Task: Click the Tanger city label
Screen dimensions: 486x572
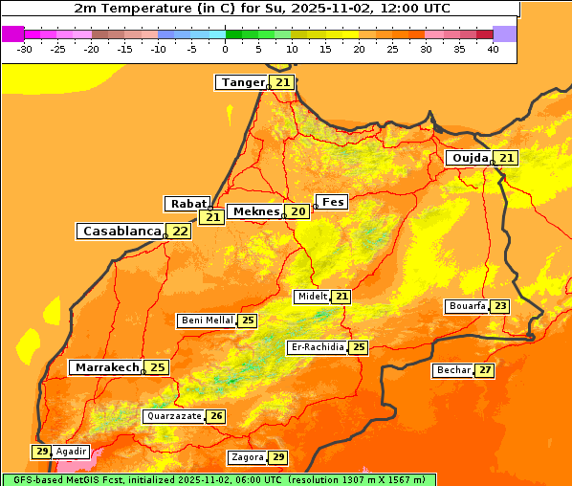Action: [243, 82]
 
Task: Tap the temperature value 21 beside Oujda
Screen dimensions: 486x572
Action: [506, 158]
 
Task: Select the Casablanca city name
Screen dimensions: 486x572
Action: [121, 232]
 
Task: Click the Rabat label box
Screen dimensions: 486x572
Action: [188, 204]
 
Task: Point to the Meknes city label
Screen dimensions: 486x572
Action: [254, 211]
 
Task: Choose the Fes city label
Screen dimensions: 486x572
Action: [333, 202]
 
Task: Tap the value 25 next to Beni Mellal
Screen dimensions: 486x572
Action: [248, 320]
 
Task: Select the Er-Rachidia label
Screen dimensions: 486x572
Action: [318, 347]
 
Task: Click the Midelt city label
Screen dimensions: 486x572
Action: [312, 297]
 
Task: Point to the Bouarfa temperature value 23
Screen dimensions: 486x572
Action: [500, 306]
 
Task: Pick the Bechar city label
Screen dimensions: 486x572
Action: [453, 370]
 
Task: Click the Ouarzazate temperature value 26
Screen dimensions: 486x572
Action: [216, 416]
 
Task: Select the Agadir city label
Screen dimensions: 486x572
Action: [71, 452]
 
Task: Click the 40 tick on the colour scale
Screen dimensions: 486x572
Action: [493, 49]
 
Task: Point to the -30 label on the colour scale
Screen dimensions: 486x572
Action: [25, 49]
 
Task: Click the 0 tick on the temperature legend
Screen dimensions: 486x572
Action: [225, 49]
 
